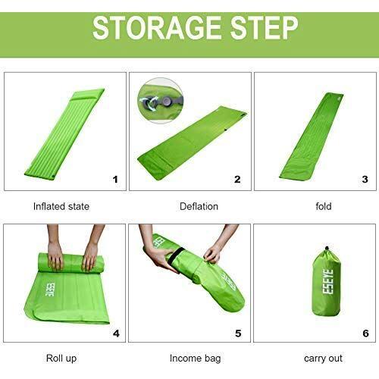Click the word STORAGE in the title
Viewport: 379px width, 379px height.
coord(157,28)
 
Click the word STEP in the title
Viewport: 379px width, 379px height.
coord(264,28)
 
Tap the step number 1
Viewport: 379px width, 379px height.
coord(115,180)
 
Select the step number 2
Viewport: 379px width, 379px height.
coord(237,180)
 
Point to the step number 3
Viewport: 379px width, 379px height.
coord(365,180)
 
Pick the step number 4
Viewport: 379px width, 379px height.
coord(116,334)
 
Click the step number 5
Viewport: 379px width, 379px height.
coord(238,334)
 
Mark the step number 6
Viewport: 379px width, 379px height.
coord(365,334)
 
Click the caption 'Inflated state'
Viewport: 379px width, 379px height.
coord(61,206)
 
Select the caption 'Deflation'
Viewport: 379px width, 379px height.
coord(199,206)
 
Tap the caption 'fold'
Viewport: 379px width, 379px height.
coord(324,206)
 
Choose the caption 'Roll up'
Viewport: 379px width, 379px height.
coord(61,359)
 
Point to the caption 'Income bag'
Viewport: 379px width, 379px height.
coord(195,359)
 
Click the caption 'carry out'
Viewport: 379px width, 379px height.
coord(323,359)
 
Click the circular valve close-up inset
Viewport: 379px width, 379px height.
coord(160,101)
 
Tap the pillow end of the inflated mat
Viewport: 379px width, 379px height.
coord(87,95)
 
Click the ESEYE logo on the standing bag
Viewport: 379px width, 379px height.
coord(328,282)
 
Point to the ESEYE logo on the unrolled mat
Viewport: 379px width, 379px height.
coord(49,290)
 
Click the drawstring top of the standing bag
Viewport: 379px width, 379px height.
coord(327,252)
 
